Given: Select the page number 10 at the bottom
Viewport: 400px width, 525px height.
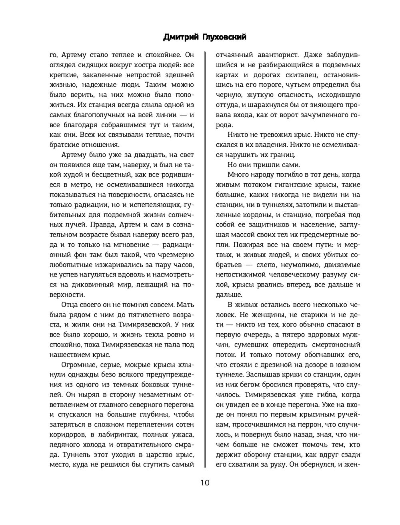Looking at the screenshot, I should pos(204,482).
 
